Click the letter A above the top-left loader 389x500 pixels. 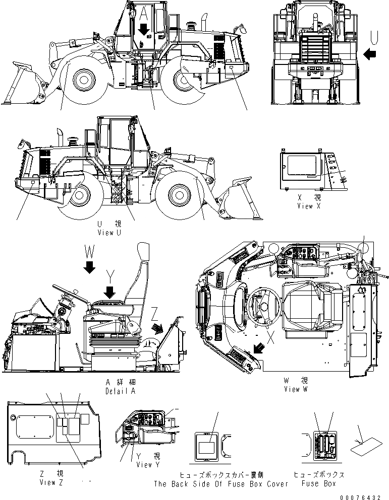pyautogui.click(x=144, y=12)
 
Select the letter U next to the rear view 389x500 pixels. pyautogui.click(x=374, y=36)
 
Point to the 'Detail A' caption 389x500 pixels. pyautogui.click(x=120, y=391)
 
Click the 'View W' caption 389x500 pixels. pyautogui.click(x=298, y=389)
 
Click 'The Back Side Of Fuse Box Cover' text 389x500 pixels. pyautogui.click(x=220, y=484)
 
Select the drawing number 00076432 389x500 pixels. pyautogui.click(x=360, y=496)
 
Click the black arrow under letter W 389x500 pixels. pyautogui.click(x=89, y=267)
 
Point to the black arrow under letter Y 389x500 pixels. pyautogui.click(x=109, y=292)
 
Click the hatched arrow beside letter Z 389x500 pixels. pyautogui.click(x=157, y=328)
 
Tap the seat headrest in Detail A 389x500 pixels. pyautogui.click(x=143, y=253)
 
